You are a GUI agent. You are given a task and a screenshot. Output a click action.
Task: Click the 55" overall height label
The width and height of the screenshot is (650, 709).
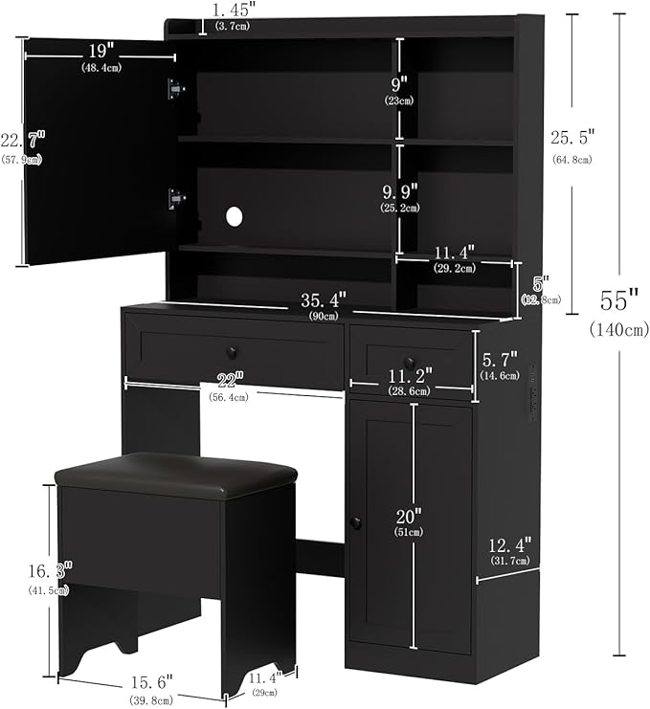pos(618,300)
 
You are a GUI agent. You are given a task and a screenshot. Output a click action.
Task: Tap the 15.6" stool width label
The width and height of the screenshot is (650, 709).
pos(150,682)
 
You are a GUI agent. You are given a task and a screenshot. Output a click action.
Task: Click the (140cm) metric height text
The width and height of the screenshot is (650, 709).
pos(618,329)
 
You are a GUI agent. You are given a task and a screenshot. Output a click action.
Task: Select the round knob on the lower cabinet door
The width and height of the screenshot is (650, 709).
pos(355,523)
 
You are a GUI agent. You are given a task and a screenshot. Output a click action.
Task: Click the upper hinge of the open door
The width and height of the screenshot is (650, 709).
pos(175,88)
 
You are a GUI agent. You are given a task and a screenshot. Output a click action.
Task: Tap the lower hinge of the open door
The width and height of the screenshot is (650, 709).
pos(175,198)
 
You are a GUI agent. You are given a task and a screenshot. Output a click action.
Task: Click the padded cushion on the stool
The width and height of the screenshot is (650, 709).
pos(175,474)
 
